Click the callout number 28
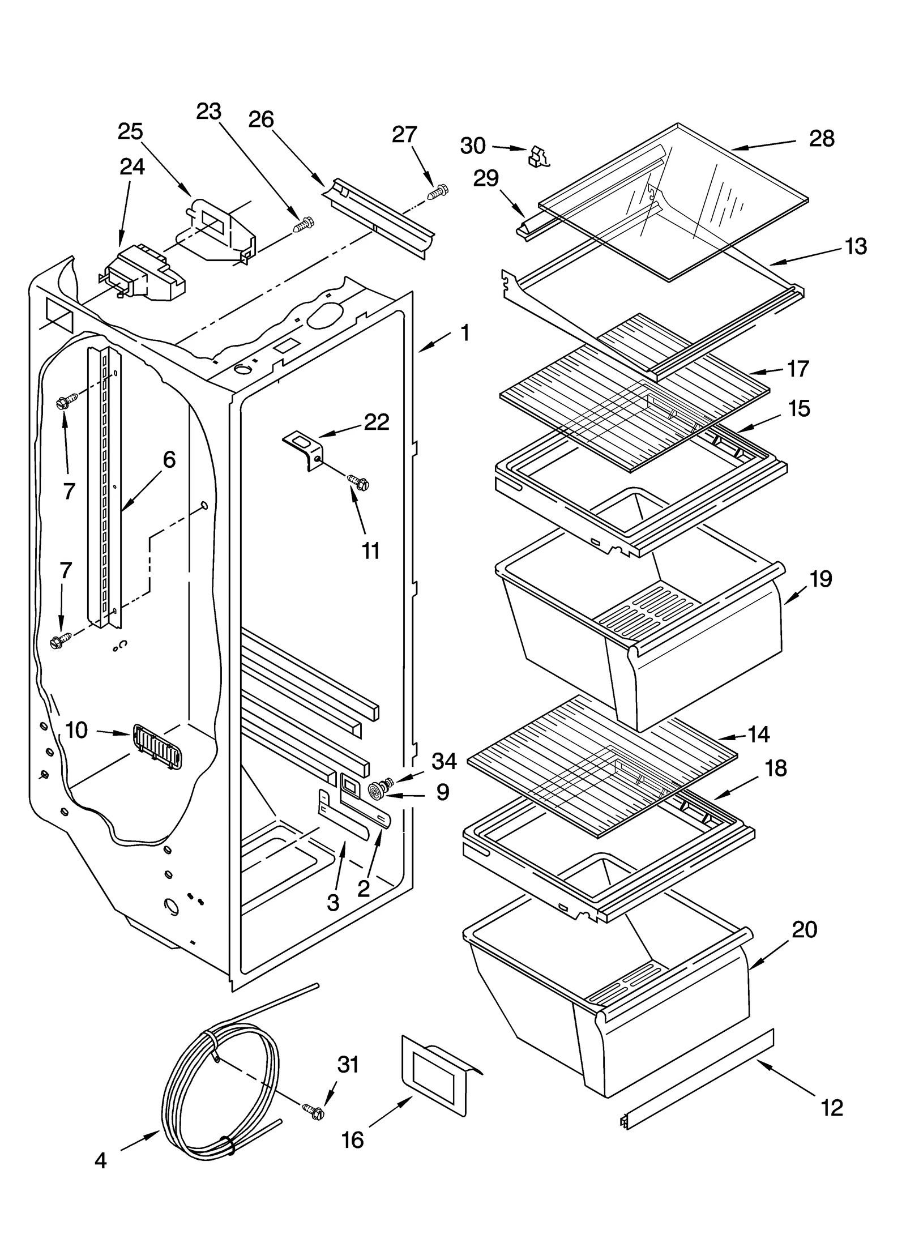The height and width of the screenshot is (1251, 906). tap(821, 138)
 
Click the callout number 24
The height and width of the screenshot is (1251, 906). tap(132, 166)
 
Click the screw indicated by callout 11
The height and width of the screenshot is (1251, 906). tap(359, 481)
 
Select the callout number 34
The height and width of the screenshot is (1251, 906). tap(444, 762)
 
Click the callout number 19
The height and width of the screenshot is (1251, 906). tap(820, 579)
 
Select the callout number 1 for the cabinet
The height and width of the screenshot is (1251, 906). tap(465, 333)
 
